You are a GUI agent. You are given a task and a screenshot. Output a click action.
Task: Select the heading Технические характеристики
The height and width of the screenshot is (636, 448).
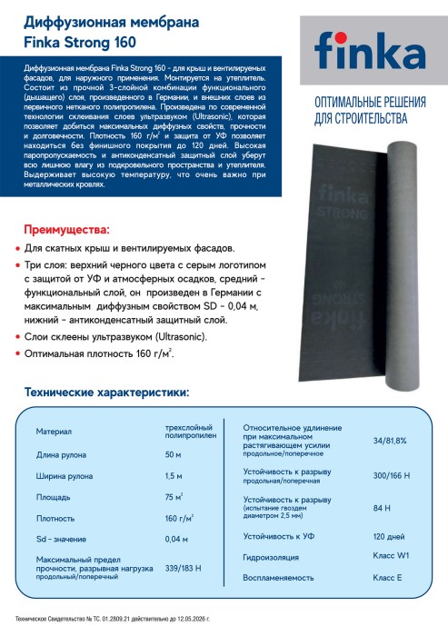pos(108,393)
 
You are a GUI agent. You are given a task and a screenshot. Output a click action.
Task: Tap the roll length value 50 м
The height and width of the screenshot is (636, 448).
pos(173,454)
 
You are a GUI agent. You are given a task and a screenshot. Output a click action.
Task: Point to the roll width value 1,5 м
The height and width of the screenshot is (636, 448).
pos(173,477)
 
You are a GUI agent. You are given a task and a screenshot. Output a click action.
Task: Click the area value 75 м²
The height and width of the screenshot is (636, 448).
pos(174,498)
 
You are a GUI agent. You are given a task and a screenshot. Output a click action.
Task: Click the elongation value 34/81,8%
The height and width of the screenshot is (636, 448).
pos(389,440)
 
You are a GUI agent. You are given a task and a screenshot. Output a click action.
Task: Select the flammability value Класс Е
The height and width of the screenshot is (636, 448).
pos(387,577)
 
